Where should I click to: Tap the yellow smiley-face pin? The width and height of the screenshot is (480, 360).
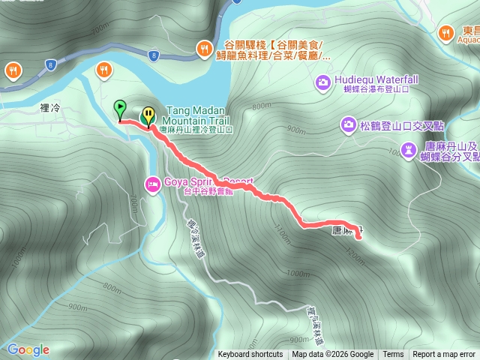(148, 115)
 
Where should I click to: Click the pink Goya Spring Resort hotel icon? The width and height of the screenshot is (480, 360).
(152, 182)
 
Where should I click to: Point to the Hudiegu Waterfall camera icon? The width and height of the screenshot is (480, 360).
(323, 80)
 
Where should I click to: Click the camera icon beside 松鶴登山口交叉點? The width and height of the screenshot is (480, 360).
(349, 124)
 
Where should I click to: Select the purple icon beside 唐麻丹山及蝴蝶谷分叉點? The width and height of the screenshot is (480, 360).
(407, 151)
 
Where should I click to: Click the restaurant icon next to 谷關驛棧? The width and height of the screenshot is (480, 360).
(204, 49)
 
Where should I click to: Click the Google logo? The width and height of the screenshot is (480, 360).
(28, 349)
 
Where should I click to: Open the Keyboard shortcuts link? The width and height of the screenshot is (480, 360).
(250, 355)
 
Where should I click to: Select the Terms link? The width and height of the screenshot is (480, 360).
(393, 355)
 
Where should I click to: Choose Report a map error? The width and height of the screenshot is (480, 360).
(444, 355)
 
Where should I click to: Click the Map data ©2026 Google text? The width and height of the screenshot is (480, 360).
(333, 355)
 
